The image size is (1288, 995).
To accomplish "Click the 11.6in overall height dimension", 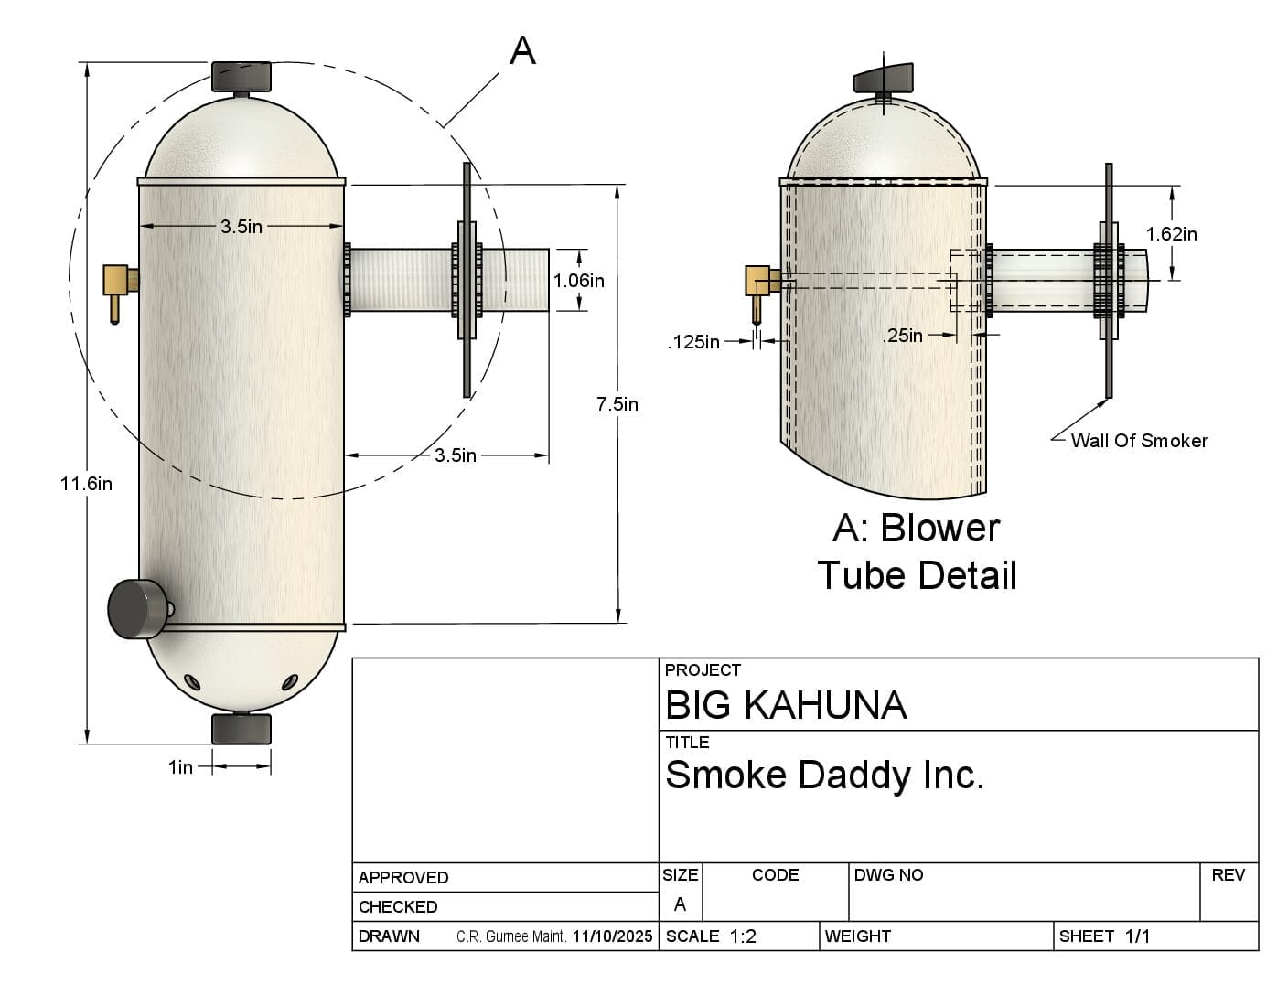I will [86, 484].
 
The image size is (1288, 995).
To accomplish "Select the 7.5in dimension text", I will [617, 403].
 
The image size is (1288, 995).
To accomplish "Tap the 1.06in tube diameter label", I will [579, 281].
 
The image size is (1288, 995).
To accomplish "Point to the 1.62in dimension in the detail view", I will [1171, 234].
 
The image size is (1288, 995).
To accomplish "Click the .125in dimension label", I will [692, 342].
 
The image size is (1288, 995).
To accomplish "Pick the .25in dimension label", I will [903, 336].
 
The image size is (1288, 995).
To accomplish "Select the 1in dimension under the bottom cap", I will [180, 767].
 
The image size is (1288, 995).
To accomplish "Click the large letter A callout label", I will [521, 51].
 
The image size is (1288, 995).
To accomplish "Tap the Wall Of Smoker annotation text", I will [1139, 441].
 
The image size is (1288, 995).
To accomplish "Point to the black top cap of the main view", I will [241, 76].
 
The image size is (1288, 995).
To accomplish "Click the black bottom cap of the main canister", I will [241, 729].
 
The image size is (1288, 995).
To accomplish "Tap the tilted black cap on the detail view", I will [884, 79].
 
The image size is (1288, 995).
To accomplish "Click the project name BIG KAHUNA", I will [786, 705].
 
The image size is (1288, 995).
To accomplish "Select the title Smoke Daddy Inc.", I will [824, 776].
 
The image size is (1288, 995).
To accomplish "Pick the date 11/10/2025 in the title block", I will [613, 936].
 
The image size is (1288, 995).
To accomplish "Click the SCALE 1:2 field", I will [712, 936].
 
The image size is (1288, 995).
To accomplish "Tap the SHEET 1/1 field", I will [1104, 936].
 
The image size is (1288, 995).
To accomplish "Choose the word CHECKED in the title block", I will [398, 907].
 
